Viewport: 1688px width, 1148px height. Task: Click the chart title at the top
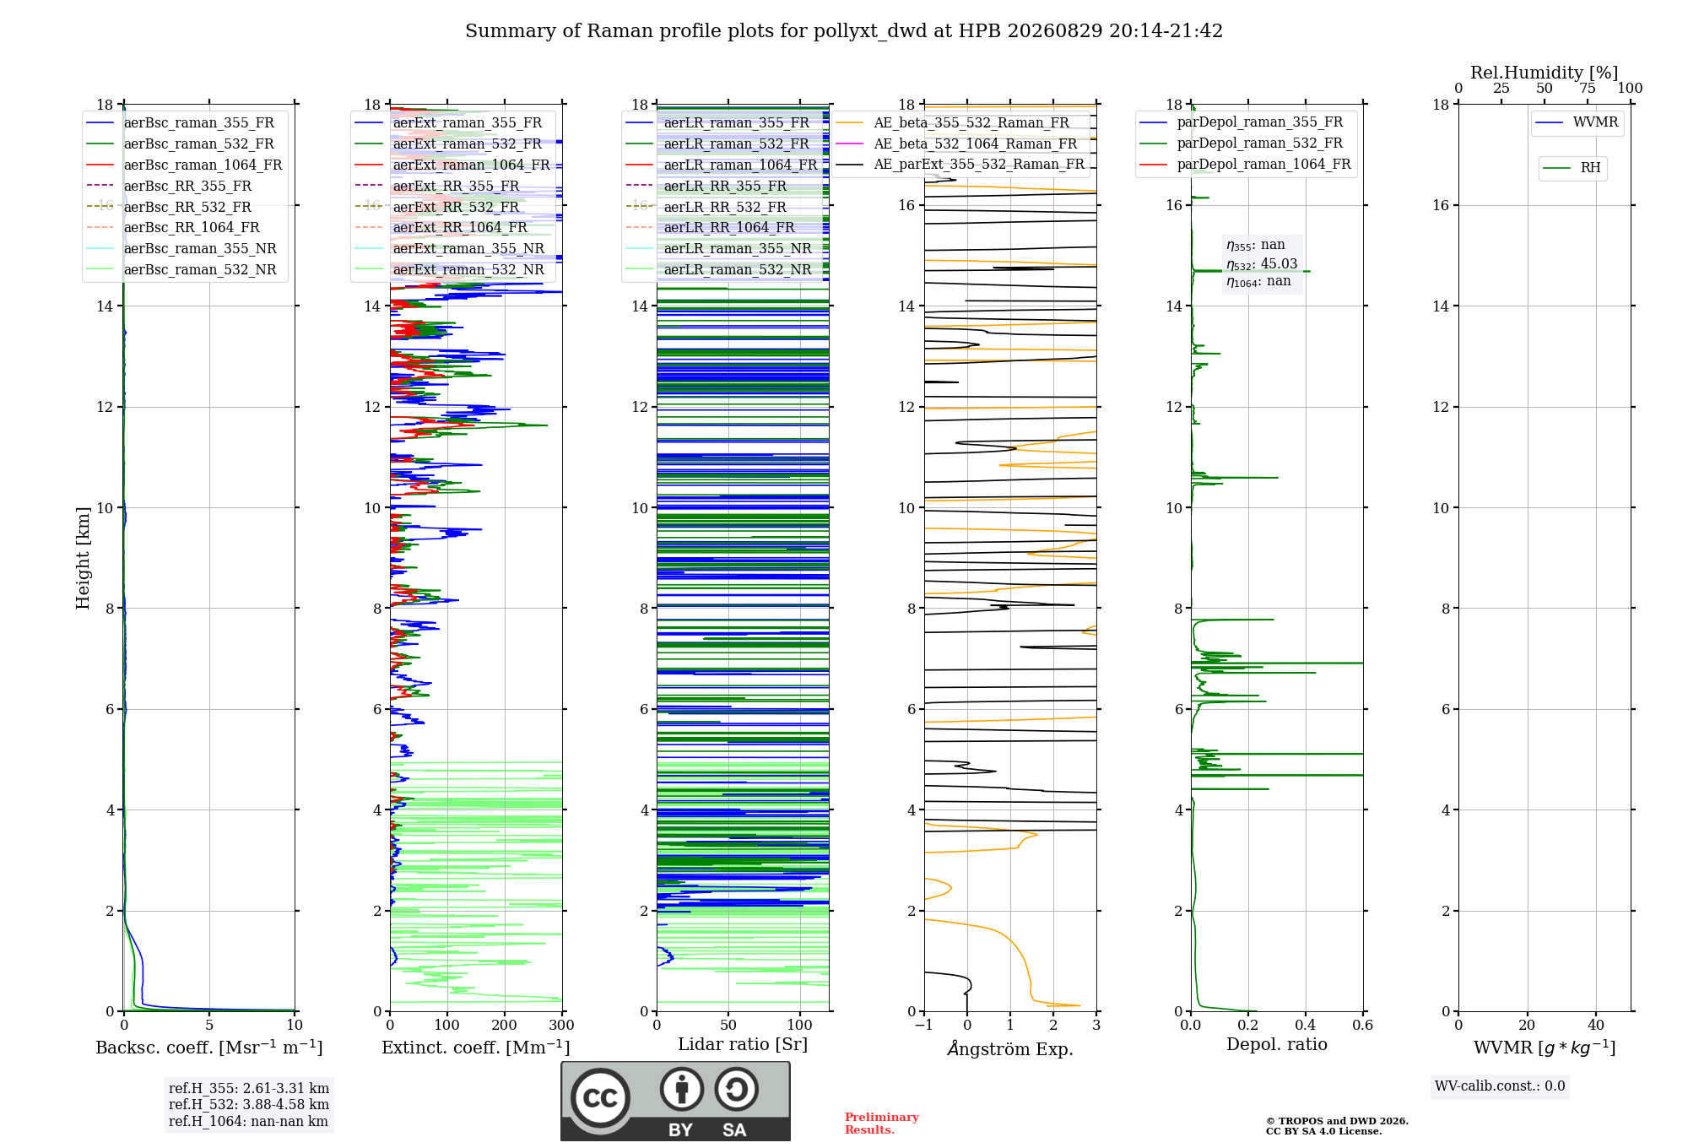click(x=844, y=31)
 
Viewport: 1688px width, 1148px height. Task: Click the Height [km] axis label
click(x=83, y=558)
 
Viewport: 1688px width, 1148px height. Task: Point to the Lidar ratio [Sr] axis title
click(x=743, y=1044)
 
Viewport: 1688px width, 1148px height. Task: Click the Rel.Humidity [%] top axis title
click(x=1545, y=73)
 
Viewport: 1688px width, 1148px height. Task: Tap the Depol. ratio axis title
click(x=1277, y=1044)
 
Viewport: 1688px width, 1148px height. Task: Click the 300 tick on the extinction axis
click(x=562, y=1026)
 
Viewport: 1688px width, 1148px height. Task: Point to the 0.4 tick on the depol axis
click(x=1306, y=1026)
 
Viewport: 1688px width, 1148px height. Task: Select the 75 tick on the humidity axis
click(x=1588, y=88)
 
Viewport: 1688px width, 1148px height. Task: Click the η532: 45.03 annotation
click(x=1262, y=264)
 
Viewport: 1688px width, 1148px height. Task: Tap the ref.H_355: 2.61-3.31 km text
click(x=249, y=1088)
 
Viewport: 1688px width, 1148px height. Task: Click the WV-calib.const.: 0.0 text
click(x=1500, y=1086)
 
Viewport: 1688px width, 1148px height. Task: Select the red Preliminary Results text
click(x=882, y=1124)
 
